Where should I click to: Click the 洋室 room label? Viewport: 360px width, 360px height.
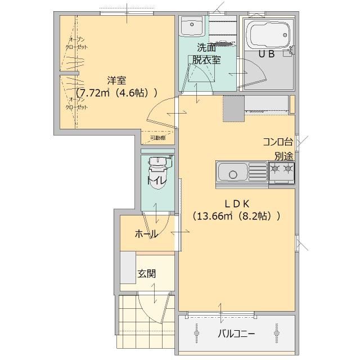click(x=117, y=80)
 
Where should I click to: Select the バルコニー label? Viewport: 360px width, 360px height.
click(x=236, y=334)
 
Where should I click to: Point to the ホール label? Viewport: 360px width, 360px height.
click(x=146, y=234)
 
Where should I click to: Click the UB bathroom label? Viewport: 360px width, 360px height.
click(x=266, y=54)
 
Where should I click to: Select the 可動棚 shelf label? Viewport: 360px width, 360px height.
click(x=158, y=137)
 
